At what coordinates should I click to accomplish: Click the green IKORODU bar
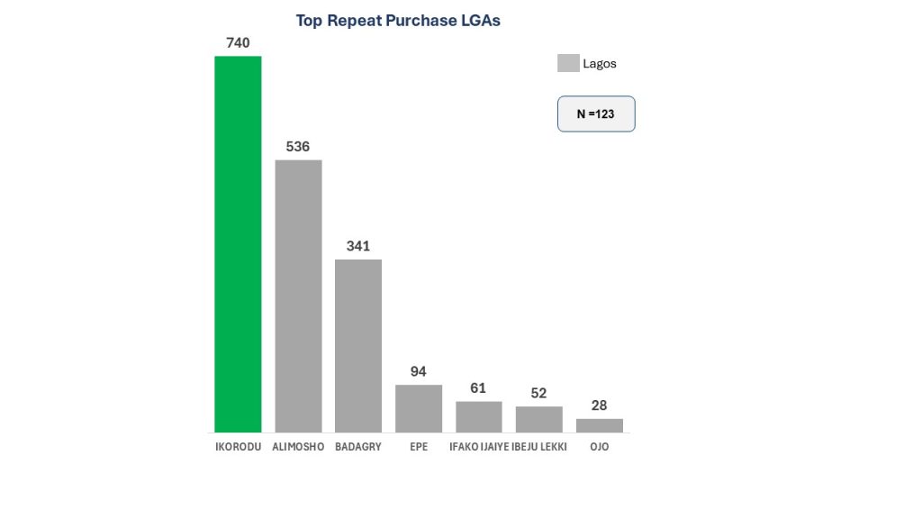click(238, 243)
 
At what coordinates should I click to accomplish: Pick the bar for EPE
click(419, 408)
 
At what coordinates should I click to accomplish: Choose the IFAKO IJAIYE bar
click(479, 416)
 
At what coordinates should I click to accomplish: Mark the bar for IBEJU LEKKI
click(538, 419)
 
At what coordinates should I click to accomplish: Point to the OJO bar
click(600, 425)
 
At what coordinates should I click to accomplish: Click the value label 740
click(238, 42)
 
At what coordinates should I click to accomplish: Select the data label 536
click(298, 146)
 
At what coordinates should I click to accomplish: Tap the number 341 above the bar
click(358, 246)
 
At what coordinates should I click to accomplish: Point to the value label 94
click(419, 371)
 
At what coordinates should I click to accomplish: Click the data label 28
click(600, 405)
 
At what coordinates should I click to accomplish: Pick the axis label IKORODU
click(238, 447)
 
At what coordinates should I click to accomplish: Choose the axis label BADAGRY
click(358, 447)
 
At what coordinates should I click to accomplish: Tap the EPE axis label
click(419, 447)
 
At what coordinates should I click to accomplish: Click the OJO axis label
click(600, 447)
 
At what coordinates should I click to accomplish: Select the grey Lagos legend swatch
click(568, 63)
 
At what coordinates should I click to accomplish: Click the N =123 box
click(596, 114)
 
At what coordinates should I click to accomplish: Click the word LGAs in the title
click(479, 21)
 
